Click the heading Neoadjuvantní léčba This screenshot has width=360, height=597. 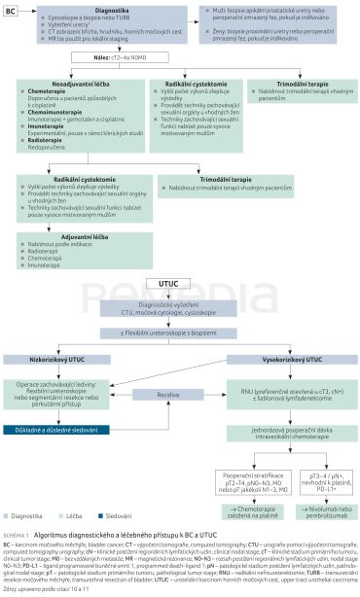[x=70, y=85]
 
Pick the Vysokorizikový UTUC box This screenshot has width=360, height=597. [x=274, y=360]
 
